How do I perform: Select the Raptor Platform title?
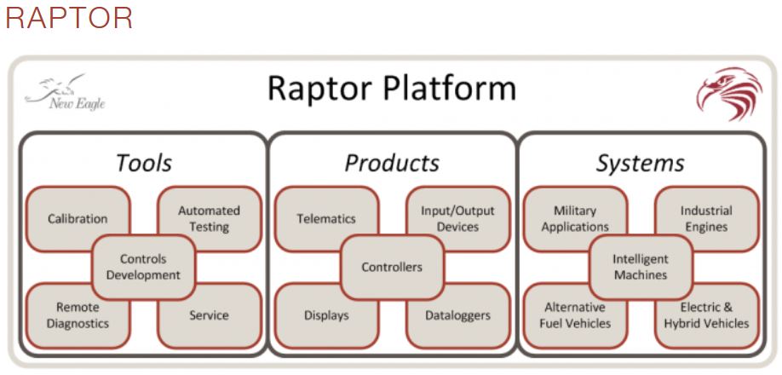(x=391, y=89)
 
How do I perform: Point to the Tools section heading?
(x=143, y=162)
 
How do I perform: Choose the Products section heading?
(x=392, y=162)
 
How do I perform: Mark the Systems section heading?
(x=640, y=162)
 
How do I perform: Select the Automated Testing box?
(x=209, y=218)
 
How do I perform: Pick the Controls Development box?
(x=143, y=267)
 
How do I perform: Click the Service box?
(x=209, y=315)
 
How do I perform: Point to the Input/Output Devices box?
(x=457, y=218)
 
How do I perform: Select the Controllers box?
(x=392, y=267)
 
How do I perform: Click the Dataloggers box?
(x=457, y=315)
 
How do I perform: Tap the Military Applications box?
(x=574, y=218)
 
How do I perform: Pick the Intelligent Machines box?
(x=641, y=267)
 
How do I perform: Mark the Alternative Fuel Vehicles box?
(x=574, y=315)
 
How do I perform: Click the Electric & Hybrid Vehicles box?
(x=707, y=315)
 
